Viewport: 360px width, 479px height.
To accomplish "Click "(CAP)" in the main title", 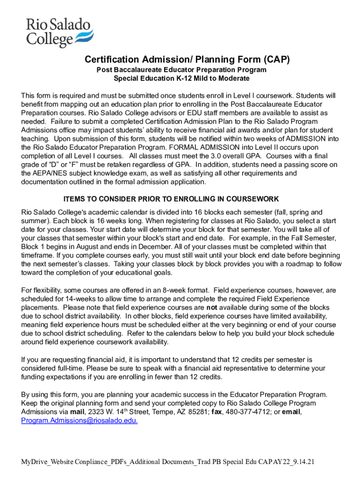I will pos(276,59).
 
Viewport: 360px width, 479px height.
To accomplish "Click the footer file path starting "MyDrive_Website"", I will pos(168,462).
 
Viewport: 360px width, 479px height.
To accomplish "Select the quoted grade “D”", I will pos(53,165).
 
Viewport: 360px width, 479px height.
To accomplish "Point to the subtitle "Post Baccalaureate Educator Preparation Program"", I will pos(181,70).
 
